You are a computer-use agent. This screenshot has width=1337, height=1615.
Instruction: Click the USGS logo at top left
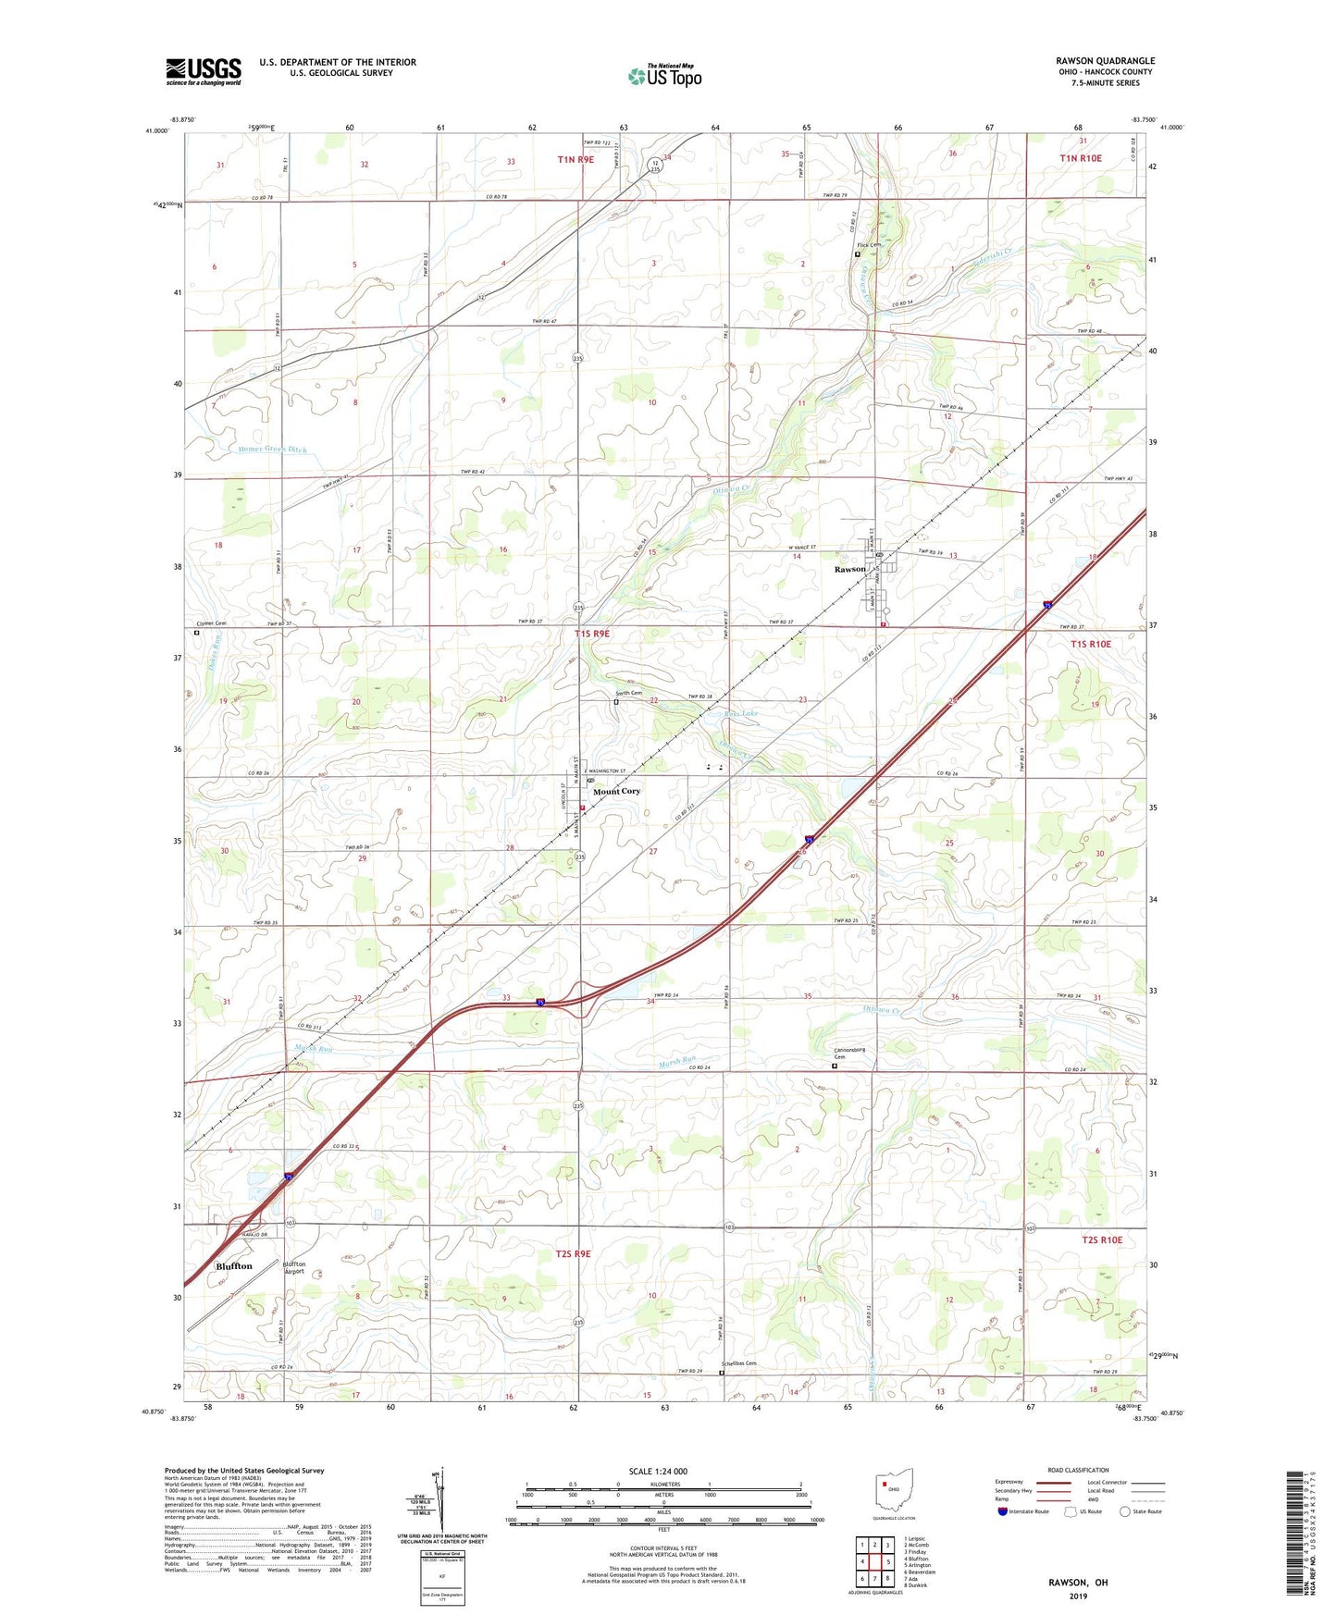coord(204,71)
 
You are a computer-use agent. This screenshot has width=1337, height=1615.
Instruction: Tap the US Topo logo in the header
coord(664,76)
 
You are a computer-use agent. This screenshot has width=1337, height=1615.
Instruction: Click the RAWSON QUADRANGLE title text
coord(1105,61)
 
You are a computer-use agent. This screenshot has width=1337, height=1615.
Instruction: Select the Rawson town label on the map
coord(849,569)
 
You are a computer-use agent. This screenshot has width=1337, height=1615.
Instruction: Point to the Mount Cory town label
coord(616,792)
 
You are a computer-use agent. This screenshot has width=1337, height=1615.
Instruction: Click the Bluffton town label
coord(233,1266)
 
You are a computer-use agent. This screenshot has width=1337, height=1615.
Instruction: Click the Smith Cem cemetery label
coord(629,694)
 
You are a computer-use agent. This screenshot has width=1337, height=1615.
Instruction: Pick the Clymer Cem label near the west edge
coord(211,623)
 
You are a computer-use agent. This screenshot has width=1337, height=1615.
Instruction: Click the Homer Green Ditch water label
coord(272,450)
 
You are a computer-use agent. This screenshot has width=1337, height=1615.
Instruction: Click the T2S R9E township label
coord(573,1253)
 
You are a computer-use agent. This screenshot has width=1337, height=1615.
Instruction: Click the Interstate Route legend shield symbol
coord(1003,1511)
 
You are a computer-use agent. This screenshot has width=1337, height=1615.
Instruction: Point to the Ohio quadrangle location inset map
coord(894,1491)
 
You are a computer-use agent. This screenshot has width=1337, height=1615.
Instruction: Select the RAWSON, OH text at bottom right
coord(1078,1583)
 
